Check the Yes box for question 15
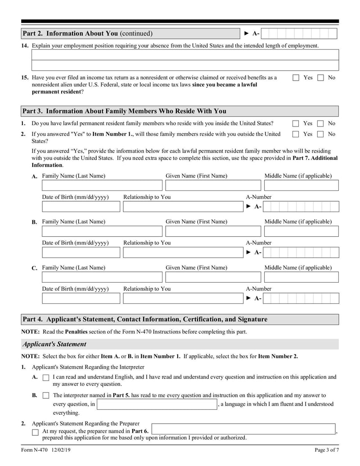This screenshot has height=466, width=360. tap(296, 77)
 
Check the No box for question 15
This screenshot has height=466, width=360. tap(320, 77)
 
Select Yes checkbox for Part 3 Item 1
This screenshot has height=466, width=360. tap(296, 123)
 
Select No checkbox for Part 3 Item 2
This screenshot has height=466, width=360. tap(320, 134)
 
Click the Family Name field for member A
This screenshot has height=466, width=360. tap(102, 185)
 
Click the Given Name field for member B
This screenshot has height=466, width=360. tap(213, 231)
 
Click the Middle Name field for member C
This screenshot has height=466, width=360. tap(301, 277)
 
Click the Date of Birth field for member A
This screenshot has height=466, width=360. tap(81, 207)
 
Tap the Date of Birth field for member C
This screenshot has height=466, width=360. tap(81, 299)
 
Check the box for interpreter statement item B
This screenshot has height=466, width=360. tap(45, 396)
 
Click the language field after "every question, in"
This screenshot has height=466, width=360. tap(157, 404)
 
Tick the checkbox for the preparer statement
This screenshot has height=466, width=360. tap(36, 432)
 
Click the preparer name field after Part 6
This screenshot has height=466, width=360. tap(243, 429)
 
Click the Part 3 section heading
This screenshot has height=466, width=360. tap(125, 111)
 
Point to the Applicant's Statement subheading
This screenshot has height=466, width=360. tap(54, 344)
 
